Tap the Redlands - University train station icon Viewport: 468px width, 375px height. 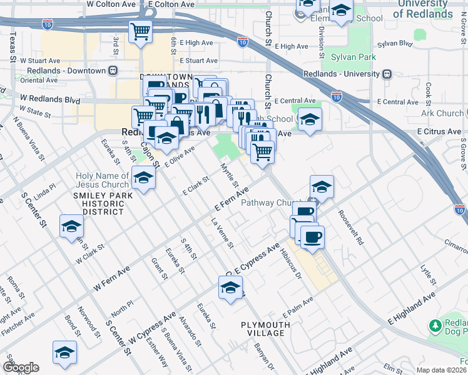pos(387,73)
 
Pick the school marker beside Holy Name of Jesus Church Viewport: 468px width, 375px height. pos(143,179)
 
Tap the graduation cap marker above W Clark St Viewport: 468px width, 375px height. pos(71,226)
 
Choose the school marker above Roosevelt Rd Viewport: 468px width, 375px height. pos(322,186)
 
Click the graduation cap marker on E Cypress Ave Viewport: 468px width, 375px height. pos(230,287)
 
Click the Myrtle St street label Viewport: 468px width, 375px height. pos(230,175)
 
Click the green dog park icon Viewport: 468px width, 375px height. pos(435,326)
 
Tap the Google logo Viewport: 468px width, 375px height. pos(21,367)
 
